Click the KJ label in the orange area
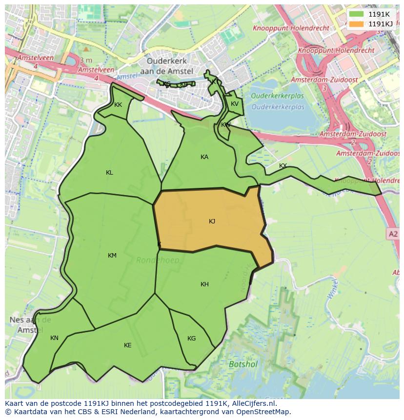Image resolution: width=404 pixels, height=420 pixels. (212, 221)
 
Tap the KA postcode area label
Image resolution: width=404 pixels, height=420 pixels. (204, 157)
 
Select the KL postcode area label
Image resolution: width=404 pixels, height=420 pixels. (109, 173)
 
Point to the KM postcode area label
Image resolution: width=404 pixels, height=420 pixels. (112, 256)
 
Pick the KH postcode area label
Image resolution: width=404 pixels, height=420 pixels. (204, 284)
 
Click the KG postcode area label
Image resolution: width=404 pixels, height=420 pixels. (191, 339)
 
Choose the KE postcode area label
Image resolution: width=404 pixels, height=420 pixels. (127, 345)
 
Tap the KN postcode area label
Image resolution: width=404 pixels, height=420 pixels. (54, 338)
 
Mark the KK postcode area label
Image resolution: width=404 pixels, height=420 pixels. (118, 105)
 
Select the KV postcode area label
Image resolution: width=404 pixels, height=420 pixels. (235, 104)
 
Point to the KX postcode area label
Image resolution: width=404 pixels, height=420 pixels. (283, 166)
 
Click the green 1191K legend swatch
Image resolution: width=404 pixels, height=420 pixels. (357, 14)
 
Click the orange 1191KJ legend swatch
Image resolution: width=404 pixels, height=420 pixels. (357, 24)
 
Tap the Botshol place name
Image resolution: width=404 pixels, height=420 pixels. (243, 364)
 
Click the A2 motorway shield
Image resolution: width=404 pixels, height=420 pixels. (393, 234)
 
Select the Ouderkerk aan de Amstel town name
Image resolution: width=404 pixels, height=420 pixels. (170, 66)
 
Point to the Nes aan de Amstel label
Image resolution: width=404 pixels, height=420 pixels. (30, 325)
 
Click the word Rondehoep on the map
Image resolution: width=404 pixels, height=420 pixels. (157, 260)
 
